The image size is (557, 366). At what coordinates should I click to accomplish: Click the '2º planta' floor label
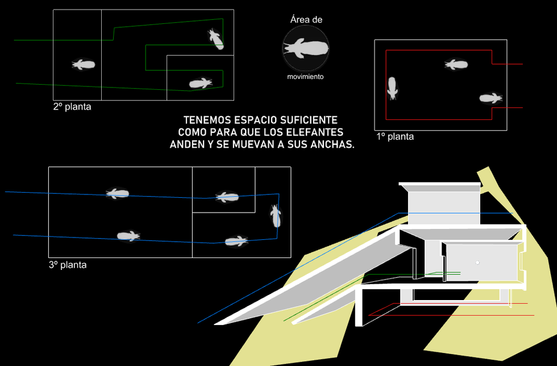click(72, 106)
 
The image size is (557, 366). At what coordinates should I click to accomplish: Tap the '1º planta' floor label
click(395, 137)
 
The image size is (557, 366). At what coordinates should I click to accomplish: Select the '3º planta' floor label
click(68, 265)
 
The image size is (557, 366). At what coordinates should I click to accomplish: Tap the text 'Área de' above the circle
click(306, 20)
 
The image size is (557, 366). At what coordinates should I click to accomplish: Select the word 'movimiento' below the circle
click(306, 76)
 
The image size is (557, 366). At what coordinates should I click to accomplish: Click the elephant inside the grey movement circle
click(306, 48)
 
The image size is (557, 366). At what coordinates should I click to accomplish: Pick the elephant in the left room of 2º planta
click(83, 65)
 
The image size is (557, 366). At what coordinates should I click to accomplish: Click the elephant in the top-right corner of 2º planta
click(215, 39)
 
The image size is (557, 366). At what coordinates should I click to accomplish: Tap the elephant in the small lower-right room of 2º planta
click(201, 84)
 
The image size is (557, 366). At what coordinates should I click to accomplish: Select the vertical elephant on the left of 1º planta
click(392, 88)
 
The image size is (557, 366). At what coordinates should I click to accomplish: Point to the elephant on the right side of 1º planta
click(491, 98)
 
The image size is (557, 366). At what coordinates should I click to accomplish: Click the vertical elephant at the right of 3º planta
click(276, 215)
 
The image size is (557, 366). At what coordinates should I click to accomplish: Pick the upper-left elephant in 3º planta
click(118, 193)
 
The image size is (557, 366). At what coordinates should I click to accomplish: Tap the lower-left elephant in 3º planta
click(128, 236)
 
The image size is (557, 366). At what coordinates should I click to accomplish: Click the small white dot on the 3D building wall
click(478, 263)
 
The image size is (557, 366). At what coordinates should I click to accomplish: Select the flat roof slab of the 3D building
click(440, 185)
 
